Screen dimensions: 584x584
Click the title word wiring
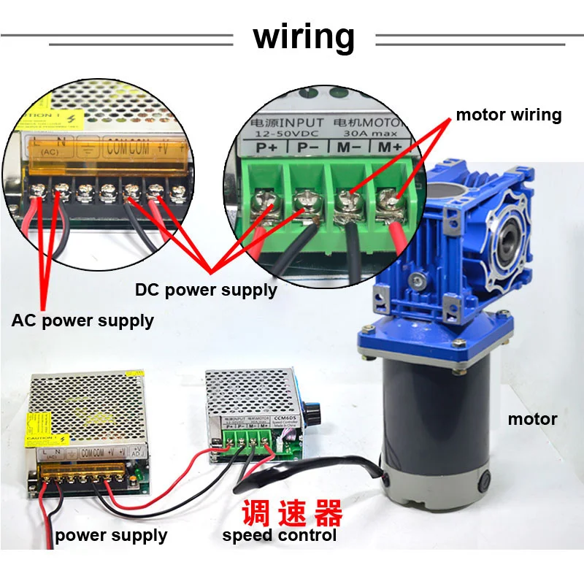[x=304, y=36]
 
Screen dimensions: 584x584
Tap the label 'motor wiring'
[x=508, y=115]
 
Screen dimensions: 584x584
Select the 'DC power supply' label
[x=206, y=290]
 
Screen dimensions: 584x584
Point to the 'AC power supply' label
[x=82, y=320]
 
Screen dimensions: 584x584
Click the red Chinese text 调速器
[x=292, y=514]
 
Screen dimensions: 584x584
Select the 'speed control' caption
[x=280, y=536]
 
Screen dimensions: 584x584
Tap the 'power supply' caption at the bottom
[x=111, y=536]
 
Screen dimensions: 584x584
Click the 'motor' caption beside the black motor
[x=532, y=419]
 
